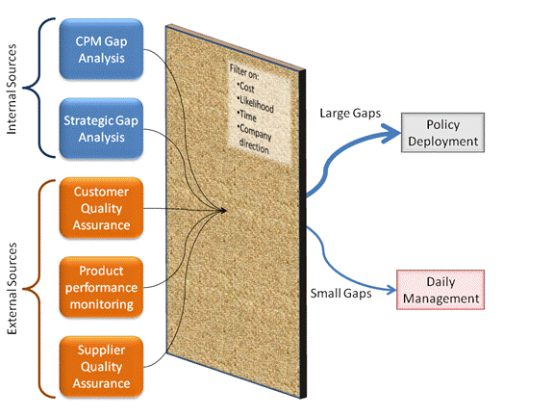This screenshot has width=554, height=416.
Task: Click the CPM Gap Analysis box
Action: (101, 49)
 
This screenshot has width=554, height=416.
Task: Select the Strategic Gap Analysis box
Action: (101, 128)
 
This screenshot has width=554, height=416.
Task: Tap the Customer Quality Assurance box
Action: (101, 208)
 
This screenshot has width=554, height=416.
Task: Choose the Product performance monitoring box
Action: (101, 287)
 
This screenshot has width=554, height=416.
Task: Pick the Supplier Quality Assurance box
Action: (101, 367)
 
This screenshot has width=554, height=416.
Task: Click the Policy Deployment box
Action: (442, 133)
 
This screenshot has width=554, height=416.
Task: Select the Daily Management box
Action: (441, 290)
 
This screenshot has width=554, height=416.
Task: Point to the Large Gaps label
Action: (350, 114)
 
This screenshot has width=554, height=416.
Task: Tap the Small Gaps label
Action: (340, 294)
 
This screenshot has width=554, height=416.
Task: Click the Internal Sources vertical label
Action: (12, 89)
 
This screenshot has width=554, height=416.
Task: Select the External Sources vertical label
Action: (12, 288)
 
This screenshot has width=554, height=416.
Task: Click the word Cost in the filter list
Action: (246, 87)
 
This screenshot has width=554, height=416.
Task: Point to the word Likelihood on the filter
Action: (256, 104)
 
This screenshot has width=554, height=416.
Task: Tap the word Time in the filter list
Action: (247, 115)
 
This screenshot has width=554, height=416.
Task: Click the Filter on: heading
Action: (244, 71)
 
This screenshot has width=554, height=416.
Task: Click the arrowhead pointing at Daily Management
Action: (390, 290)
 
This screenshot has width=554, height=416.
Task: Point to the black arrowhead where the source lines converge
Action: (222, 210)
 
